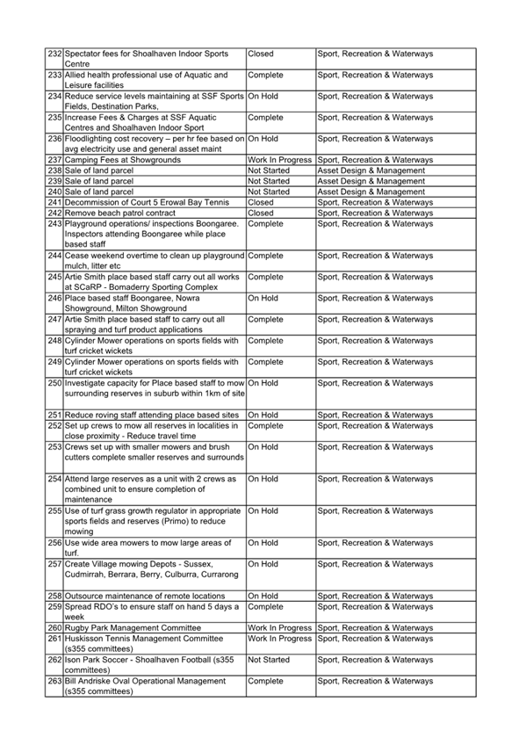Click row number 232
[x=54, y=54]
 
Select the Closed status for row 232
[x=261, y=54]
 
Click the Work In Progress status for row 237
[x=280, y=160]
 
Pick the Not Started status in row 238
[x=269, y=170]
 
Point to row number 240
[x=54, y=192]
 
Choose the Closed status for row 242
[x=261, y=213]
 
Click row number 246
[x=54, y=298]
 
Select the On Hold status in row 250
[x=263, y=383]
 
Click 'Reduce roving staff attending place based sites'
[x=152, y=415]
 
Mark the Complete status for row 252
[x=266, y=425]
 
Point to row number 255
[x=54, y=510]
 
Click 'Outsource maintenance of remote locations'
[x=145, y=596]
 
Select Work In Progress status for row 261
[x=280, y=638]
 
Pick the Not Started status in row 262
[x=269, y=659]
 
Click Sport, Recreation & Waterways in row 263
[x=375, y=680]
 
